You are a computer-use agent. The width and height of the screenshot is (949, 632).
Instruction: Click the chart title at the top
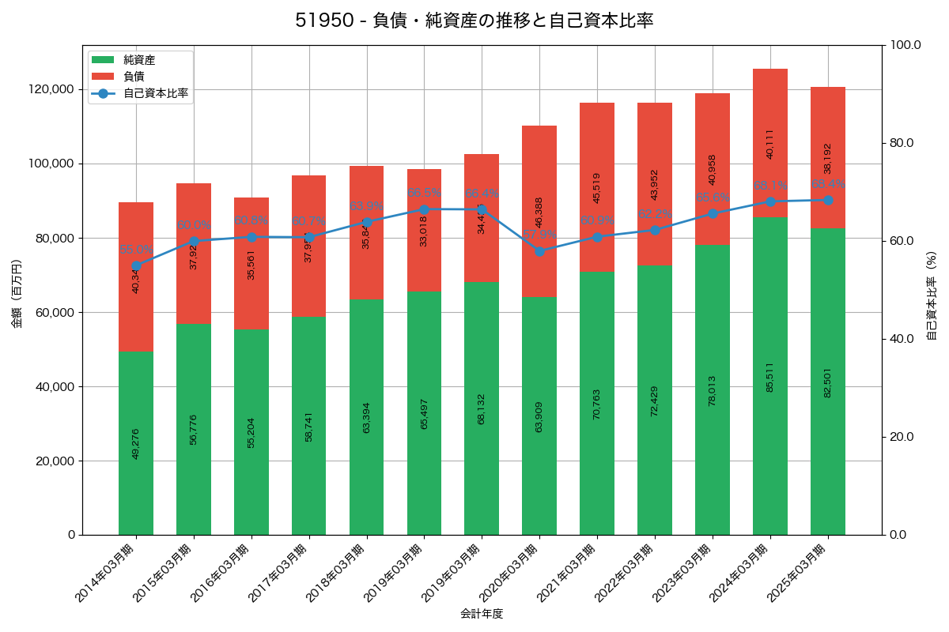[475, 21]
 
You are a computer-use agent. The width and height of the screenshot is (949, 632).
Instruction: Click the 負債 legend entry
[134, 77]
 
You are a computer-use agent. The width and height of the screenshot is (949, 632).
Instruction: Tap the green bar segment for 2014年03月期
[136, 474]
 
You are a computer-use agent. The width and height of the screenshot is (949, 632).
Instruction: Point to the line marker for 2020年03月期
[539, 251]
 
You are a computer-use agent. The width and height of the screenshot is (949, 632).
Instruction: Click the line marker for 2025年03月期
[828, 200]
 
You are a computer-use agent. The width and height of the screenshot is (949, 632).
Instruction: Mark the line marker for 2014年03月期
[136, 265]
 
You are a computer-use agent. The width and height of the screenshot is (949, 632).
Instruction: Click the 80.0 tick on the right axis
[901, 143]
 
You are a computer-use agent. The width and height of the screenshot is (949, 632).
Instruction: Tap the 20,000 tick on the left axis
[55, 461]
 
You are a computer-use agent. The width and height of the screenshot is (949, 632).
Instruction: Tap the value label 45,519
[597, 188]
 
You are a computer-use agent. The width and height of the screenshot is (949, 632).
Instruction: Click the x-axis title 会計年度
[482, 614]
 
